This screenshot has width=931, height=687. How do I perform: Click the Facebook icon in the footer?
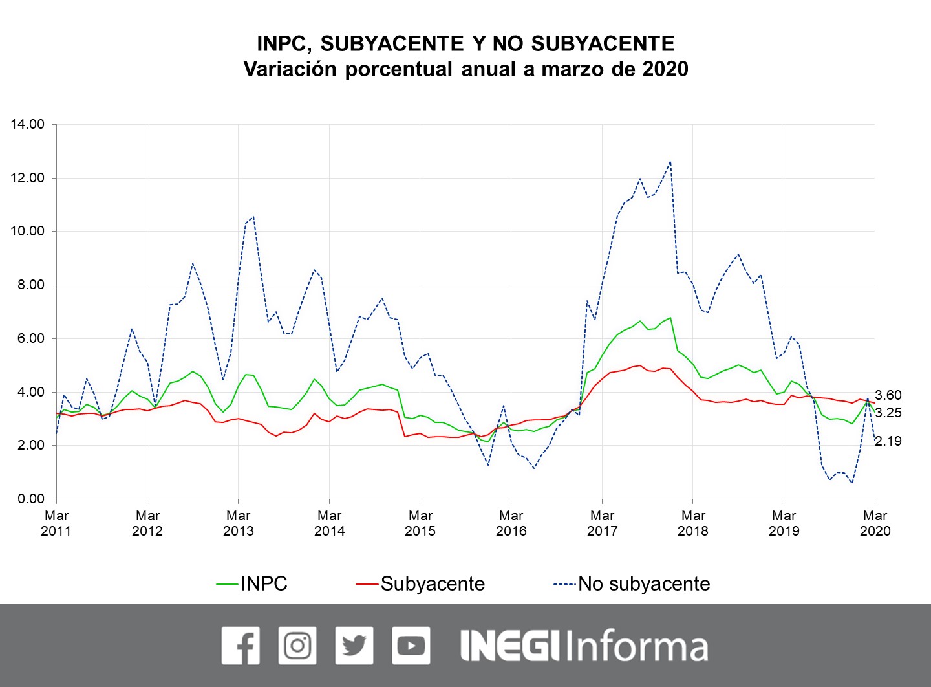pyautogui.click(x=241, y=646)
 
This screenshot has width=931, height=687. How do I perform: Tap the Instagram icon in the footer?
pyautogui.click(x=297, y=646)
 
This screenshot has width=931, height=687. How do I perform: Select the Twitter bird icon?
pyautogui.click(x=354, y=646)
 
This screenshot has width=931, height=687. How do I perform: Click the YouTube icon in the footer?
pyautogui.click(x=411, y=646)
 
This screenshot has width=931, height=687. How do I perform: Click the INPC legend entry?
pyautogui.click(x=263, y=583)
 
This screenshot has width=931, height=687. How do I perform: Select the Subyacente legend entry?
pyautogui.click(x=432, y=583)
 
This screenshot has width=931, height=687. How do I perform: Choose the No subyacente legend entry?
pyautogui.click(x=643, y=583)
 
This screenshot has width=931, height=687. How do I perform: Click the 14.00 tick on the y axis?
pyautogui.click(x=27, y=124)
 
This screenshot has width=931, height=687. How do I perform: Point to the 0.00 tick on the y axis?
pyautogui.click(x=30, y=499)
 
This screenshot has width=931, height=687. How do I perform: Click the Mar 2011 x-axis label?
pyautogui.click(x=57, y=523)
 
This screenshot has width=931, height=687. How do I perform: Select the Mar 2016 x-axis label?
pyautogui.click(x=511, y=523)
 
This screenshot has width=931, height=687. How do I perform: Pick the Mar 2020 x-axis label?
pyautogui.click(x=875, y=523)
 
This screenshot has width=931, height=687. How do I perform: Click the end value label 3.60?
pyautogui.click(x=888, y=395)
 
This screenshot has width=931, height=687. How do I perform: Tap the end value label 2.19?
pyautogui.click(x=888, y=441)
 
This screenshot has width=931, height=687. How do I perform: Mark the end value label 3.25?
pyautogui.click(x=888, y=413)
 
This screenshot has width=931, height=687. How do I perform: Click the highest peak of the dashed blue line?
pyautogui.click(x=670, y=162)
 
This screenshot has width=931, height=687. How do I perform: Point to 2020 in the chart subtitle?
pyautogui.click(x=665, y=69)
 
